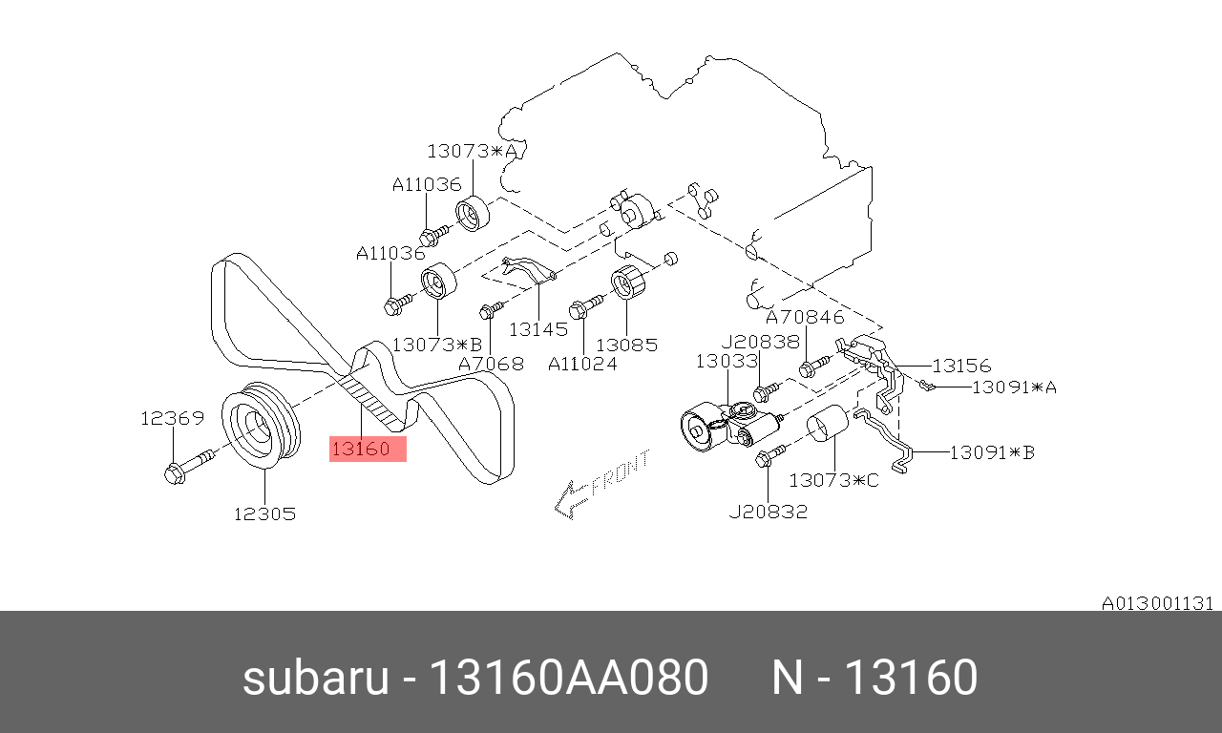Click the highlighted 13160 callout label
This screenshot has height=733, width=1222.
(x=368, y=449)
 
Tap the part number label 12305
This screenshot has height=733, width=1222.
(x=264, y=513)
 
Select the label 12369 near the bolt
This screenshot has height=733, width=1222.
(x=173, y=418)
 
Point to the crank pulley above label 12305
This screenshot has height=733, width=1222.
(x=262, y=425)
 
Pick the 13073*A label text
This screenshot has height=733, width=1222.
(x=472, y=151)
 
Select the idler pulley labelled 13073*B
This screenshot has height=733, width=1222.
(x=438, y=281)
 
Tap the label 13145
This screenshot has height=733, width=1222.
(x=538, y=329)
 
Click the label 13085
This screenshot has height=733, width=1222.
(x=627, y=345)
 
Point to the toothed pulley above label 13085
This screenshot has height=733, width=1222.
(x=627, y=282)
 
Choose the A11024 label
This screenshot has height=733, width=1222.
(x=582, y=364)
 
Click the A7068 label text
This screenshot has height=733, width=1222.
(x=491, y=364)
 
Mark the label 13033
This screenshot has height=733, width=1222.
(x=727, y=361)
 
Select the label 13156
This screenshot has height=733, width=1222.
(x=961, y=366)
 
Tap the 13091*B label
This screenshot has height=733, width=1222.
(x=992, y=452)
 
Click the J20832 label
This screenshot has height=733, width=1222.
(x=769, y=512)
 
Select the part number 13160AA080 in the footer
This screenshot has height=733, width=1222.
(x=569, y=677)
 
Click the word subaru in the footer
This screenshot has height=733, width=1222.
(x=316, y=678)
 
